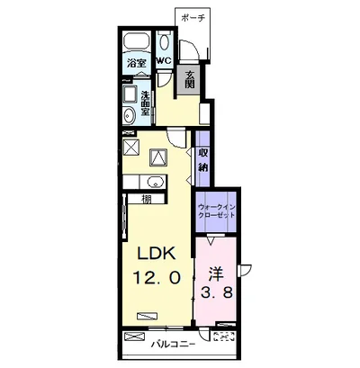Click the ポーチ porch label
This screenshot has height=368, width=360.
click(193, 18)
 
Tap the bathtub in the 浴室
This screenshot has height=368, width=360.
click(137, 41)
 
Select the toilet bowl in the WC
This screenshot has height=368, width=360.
click(164, 42)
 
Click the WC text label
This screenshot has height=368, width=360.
click(164, 60)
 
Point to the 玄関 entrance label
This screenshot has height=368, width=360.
click(189, 79)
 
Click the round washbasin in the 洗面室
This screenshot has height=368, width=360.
click(129, 115)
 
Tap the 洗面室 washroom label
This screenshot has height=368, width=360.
click(145, 103)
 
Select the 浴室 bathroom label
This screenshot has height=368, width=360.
click(137, 63)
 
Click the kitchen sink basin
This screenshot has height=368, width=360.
click(155, 183)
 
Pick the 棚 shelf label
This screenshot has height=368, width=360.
click(147, 199)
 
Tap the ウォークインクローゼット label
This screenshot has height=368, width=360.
click(217, 211)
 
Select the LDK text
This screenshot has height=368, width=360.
click(156, 255)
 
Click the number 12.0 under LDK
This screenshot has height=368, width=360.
click(157, 277)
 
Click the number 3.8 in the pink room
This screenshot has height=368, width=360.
click(217, 293)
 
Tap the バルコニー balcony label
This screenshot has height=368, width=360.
click(173, 344)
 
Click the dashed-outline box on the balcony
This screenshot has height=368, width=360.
click(223, 337)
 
